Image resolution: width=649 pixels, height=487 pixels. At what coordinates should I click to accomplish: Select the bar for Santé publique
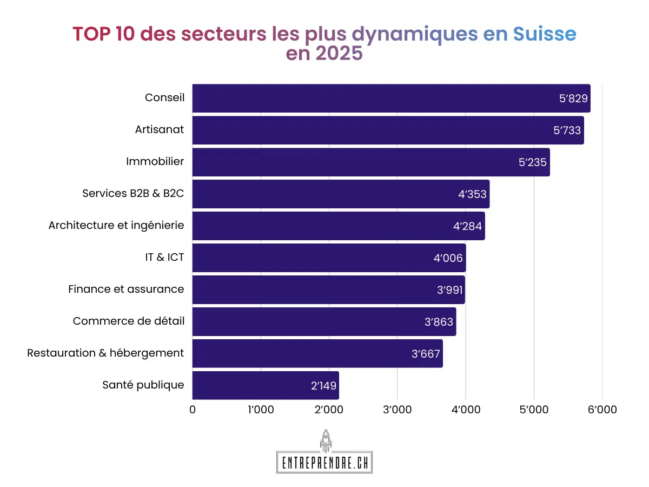(x=266, y=385)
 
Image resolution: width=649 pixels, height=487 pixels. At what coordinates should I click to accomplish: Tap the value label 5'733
(x=566, y=130)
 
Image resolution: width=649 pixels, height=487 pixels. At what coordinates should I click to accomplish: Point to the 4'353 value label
(x=472, y=194)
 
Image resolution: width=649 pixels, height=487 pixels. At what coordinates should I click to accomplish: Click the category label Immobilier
(x=155, y=161)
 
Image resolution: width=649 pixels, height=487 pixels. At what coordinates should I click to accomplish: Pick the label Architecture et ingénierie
(x=116, y=225)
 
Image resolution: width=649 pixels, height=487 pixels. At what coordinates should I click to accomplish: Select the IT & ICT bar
(x=329, y=258)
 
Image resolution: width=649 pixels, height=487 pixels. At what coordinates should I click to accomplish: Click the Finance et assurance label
(x=126, y=289)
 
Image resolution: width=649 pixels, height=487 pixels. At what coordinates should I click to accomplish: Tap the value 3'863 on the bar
(x=439, y=322)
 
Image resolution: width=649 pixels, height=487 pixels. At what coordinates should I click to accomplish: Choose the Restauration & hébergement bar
(x=317, y=353)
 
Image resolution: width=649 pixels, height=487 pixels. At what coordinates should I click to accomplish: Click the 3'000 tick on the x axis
(x=397, y=410)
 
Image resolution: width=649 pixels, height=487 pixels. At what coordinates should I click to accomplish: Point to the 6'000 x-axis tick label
(x=601, y=410)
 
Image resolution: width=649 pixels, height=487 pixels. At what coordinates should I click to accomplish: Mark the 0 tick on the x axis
(x=193, y=410)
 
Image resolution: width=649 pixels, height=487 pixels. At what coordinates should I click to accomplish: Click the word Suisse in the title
(x=544, y=34)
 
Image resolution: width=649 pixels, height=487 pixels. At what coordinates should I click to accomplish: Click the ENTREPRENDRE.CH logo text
(x=325, y=463)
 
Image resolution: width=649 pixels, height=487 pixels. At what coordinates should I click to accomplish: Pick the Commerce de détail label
(x=129, y=321)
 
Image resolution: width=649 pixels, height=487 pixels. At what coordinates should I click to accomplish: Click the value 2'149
(x=323, y=386)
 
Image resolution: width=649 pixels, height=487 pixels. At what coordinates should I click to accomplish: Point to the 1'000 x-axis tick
(x=260, y=410)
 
